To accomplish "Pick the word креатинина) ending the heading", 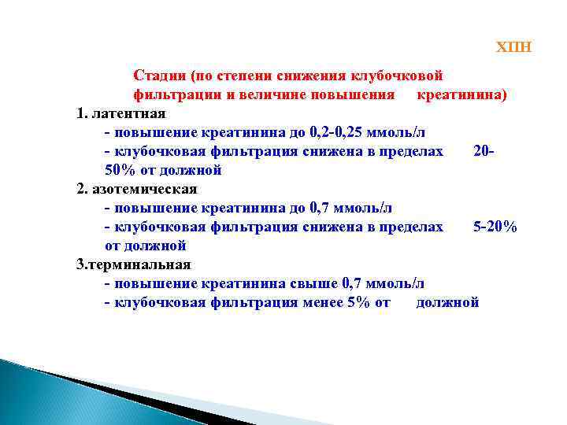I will pyautogui.click(x=461, y=94).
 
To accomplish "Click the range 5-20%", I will pyautogui.click(x=495, y=227).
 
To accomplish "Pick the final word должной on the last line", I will pyautogui.click(x=447, y=302).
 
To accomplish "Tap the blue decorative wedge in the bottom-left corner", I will pyautogui.click(x=47, y=394).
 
